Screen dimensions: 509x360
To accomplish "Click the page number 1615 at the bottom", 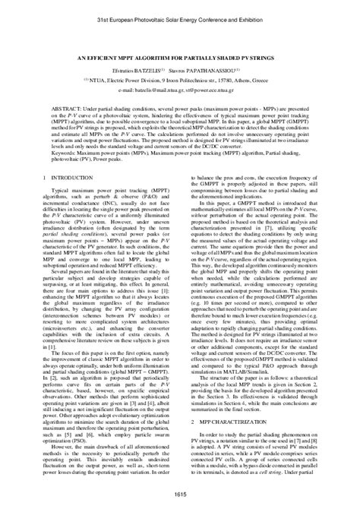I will pos(180,495).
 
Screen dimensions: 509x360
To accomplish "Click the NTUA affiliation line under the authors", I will pos(180,77).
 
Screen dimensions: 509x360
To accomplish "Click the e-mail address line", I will pos(180,88).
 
